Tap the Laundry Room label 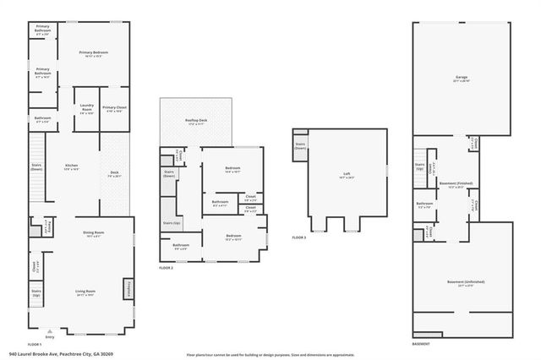tap(86, 108)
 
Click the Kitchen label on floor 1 tap(72, 166)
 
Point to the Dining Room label tap(93, 232)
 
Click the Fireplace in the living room tap(128, 287)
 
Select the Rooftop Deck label tap(198, 122)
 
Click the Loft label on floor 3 tap(345, 175)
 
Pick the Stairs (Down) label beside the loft tap(300, 145)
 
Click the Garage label tap(461, 78)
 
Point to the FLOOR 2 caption tap(166, 267)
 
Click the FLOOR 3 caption tap(298, 238)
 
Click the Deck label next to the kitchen tap(114, 174)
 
